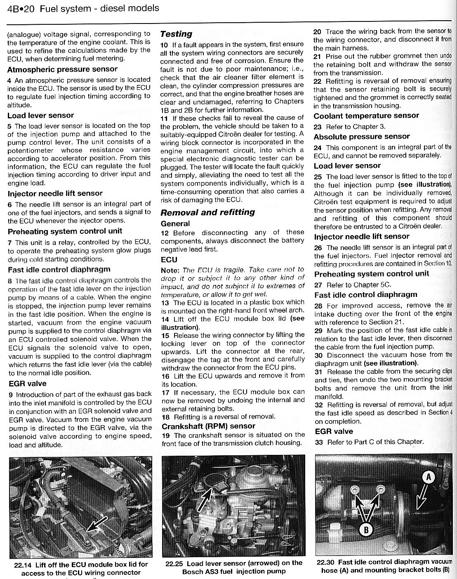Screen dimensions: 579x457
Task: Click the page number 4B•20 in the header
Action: pyautogui.click(x=21, y=8)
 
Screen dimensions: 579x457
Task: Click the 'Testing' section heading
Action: pyautogui.click(x=176, y=34)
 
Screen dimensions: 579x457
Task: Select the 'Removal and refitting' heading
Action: pyautogui.click(x=207, y=212)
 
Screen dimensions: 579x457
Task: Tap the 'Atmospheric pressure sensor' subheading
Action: pyautogui.click(x=62, y=69)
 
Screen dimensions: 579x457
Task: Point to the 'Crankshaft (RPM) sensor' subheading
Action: pyautogui.click(x=208, y=426)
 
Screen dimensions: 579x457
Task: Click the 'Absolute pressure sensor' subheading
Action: pyautogui.click(x=362, y=137)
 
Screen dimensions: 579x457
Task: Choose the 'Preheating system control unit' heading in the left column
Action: pyautogui.click(x=65, y=231)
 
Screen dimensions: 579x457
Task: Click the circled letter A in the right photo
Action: pyautogui.click(x=429, y=477)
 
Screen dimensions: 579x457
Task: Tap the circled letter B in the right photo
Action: pyautogui.click(x=366, y=529)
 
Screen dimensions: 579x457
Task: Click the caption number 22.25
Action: pyautogui.click(x=174, y=563)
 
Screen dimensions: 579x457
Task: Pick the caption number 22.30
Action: pyautogui.click(x=325, y=562)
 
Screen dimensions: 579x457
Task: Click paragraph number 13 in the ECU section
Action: pyautogui.click(x=165, y=302)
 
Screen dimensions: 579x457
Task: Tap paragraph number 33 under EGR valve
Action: pyautogui.click(x=318, y=442)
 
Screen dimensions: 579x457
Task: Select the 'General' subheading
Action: pyautogui.click(x=175, y=224)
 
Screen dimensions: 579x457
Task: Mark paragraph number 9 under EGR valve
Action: pyautogui.click(x=11, y=395)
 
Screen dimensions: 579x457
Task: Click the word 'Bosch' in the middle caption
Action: pyautogui.click(x=193, y=572)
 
